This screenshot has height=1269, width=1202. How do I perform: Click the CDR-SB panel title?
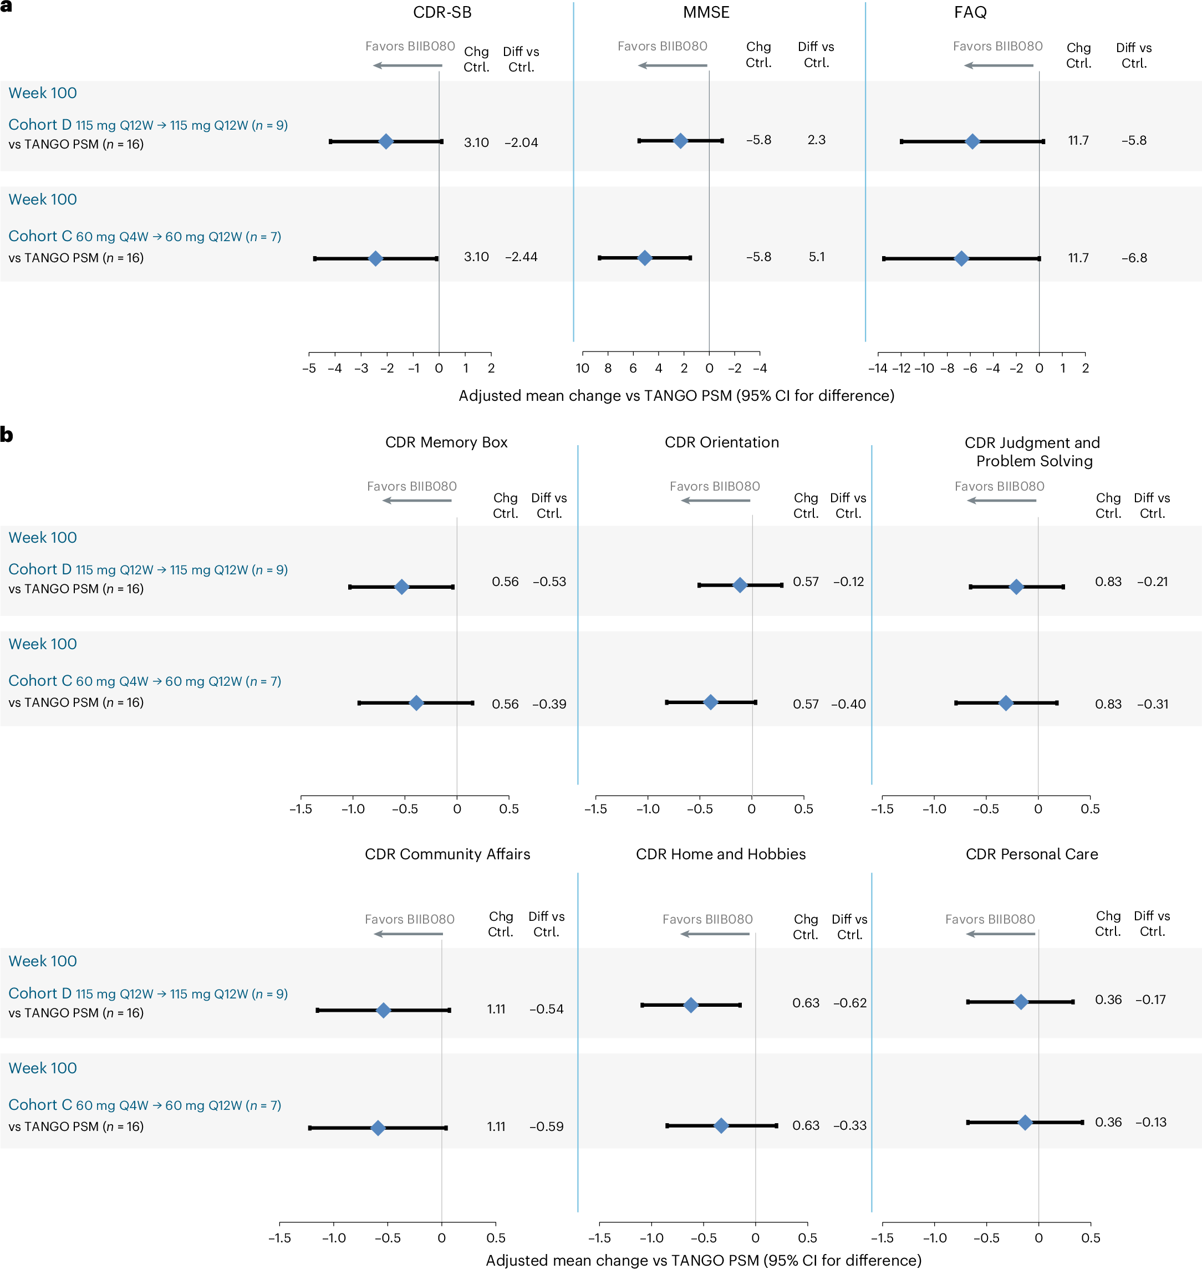442,12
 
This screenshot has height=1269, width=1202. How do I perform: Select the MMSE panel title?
706,12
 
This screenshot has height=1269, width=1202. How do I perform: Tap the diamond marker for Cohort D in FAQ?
972,141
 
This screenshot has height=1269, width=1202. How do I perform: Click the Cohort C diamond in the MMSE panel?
645,258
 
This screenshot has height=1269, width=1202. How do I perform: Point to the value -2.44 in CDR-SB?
521,257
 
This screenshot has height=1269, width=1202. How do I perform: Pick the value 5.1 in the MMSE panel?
816,257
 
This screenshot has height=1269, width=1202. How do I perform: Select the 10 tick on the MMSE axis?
582,368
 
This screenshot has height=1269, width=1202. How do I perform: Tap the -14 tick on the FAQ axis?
877,368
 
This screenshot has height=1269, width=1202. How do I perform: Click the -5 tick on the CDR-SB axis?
309,368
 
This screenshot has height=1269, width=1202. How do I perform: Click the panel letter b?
7,435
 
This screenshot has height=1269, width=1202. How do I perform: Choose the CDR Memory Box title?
446,442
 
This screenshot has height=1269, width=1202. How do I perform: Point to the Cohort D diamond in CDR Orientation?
740,585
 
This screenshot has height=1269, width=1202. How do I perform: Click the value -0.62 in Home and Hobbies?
849,1002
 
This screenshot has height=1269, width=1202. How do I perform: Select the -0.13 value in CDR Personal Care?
1151,1122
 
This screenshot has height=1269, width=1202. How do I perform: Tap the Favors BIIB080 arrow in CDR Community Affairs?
408,934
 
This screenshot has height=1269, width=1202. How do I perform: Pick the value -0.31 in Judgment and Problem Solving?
1152,704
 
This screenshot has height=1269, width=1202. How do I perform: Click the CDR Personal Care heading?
1032,854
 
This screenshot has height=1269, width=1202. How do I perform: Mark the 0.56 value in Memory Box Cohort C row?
505,704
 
